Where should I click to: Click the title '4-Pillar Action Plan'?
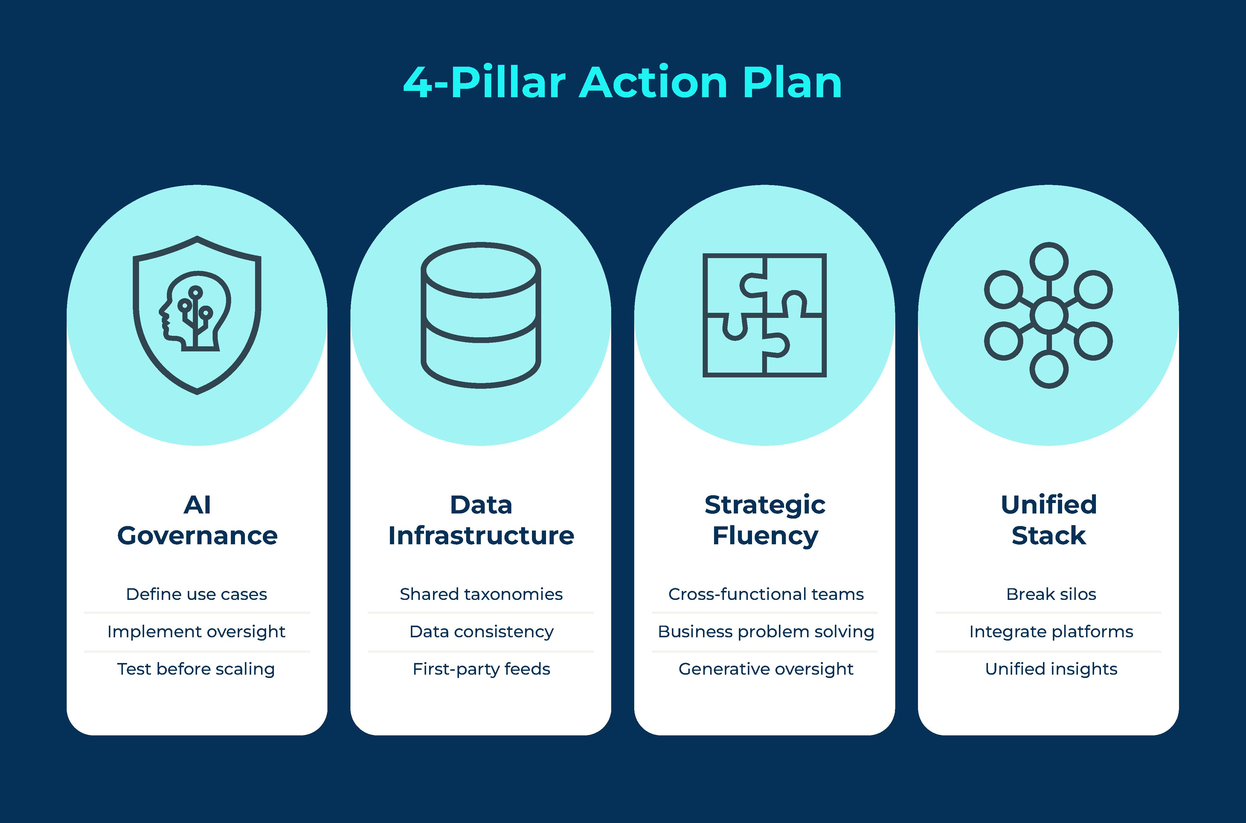[x=623, y=83]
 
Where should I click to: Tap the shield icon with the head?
[x=197, y=315]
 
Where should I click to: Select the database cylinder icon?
[x=481, y=315]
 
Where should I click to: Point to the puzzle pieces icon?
[x=764, y=315]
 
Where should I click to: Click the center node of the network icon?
[x=1049, y=316]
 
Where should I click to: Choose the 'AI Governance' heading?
[x=197, y=520]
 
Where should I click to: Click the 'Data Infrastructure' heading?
[x=481, y=520]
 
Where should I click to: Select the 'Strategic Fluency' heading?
[x=765, y=520]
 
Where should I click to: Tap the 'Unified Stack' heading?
[x=1049, y=520]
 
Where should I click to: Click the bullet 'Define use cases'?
[x=197, y=594]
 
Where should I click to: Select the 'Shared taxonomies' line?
[x=481, y=594]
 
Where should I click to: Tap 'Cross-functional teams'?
[x=766, y=594]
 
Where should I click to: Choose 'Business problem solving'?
[x=766, y=631]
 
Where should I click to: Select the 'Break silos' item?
[x=1051, y=594]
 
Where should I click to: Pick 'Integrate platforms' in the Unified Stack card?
[x=1051, y=631]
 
